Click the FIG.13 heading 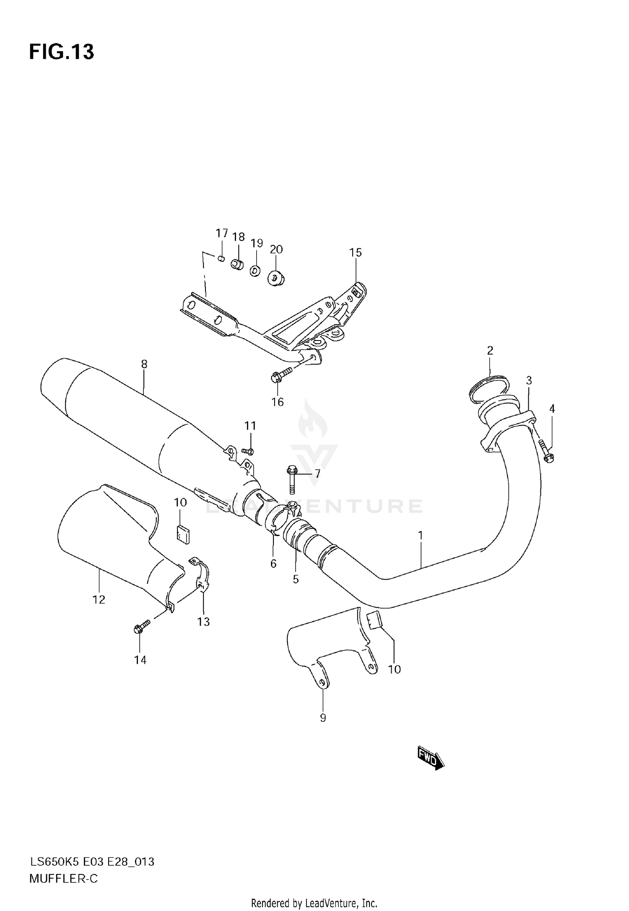click(62, 52)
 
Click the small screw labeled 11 click(248, 451)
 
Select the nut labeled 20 click(276, 278)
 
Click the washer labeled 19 click(255, 271)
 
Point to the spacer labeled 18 click(237, 265)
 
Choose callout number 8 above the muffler click(144, 364)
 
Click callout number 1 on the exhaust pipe click(420, 536)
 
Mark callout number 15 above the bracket click(355, 252)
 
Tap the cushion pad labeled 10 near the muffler click(182, 534)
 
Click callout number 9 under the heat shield click(322, 718)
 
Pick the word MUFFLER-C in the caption click(63, 879)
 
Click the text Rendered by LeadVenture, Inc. click(314, 903)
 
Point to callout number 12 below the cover click(99, 600)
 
